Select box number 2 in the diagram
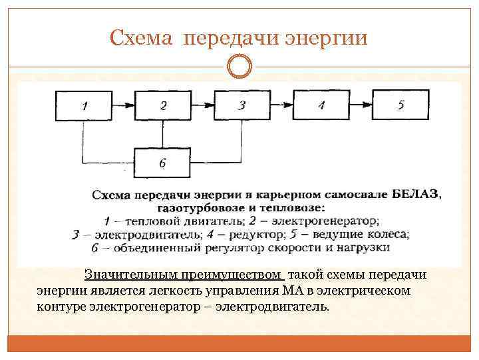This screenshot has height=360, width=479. pyautogui.click(x=163, y=105)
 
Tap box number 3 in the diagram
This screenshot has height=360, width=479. pyautogui.click(x=241, y=105)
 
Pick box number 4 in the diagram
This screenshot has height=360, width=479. pyautogui.click(x=321, y=105)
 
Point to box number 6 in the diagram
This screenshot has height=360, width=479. pyautogui.click(x=163, y=162)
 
